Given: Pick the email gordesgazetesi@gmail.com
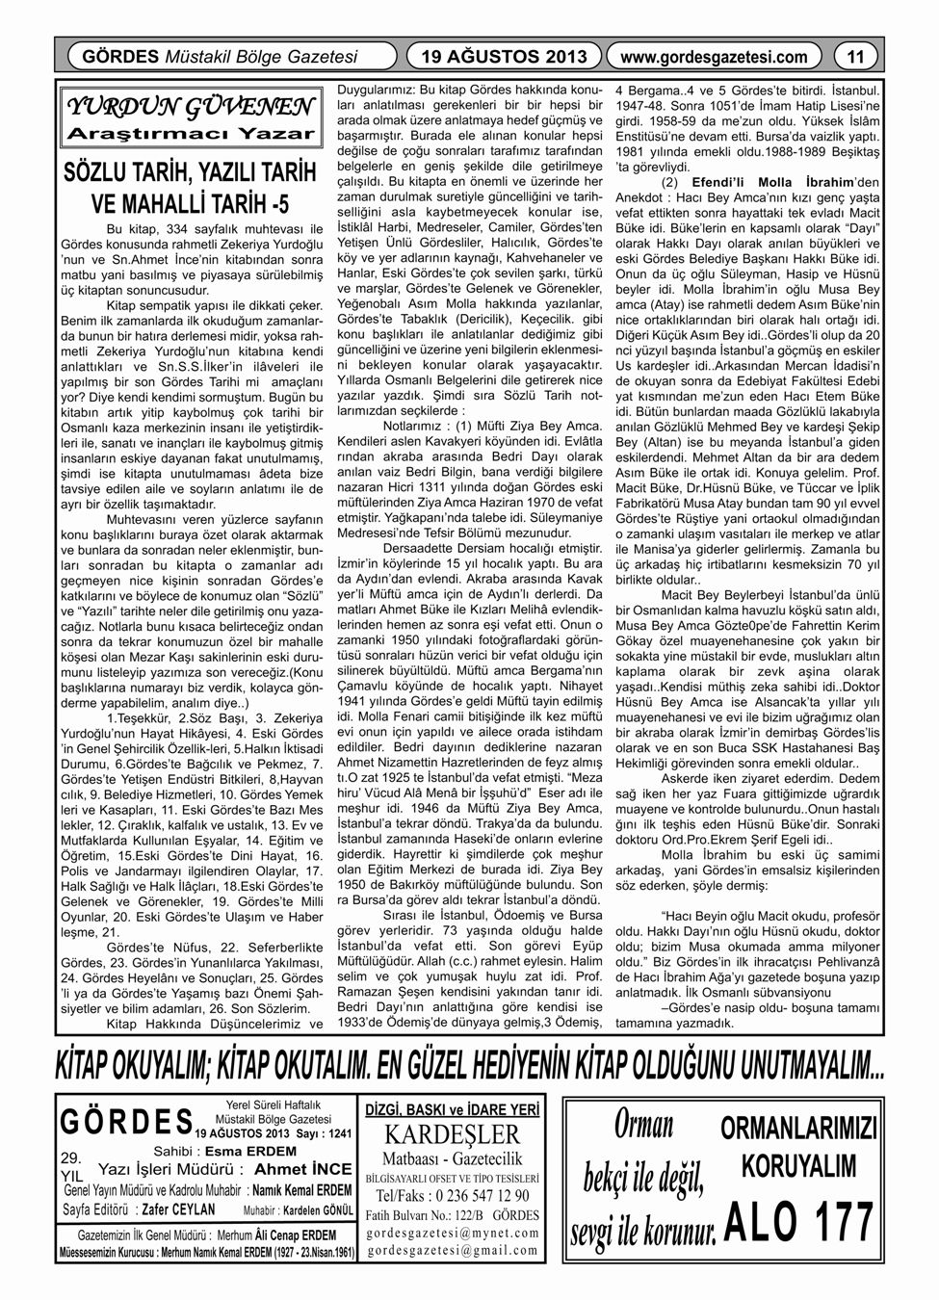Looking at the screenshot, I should [x=452, y=1250].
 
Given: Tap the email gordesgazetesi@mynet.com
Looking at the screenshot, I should [x=452, y=1232].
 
